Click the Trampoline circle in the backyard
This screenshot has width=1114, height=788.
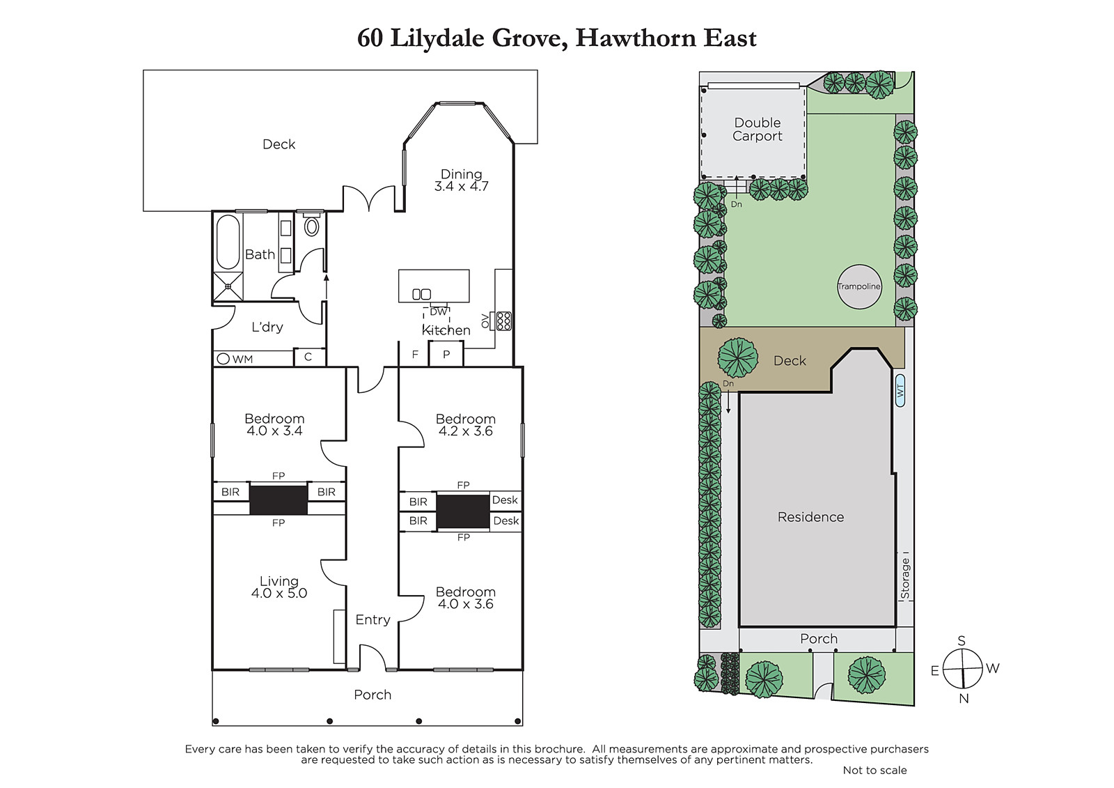(x=859, y=286)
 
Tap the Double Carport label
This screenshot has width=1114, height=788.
(x=757, y=130)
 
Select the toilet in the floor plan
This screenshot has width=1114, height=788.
(x=312, y=226)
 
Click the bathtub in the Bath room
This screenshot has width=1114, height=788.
(x=228, y=242)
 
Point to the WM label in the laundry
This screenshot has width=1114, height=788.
(x=243, y=359)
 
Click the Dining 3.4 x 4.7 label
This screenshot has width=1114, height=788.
(x=462, y=180)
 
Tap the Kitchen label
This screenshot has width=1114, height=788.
(x=446, y=330)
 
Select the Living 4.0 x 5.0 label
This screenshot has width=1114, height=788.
(x=279, y=587)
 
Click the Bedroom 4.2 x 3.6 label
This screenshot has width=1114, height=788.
(x=466, y=424)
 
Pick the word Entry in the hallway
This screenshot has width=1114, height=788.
(x=373, y=620)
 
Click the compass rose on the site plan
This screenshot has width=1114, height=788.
(x=963, y=669)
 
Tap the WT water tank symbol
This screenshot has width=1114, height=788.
(x=900, y=392)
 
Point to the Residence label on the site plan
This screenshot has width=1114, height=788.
(x=810, y=517)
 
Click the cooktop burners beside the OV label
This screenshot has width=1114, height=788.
(x=504, y=321)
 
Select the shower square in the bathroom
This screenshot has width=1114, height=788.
(x=228, y=286)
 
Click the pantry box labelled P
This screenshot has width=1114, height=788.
(x=446, y=354)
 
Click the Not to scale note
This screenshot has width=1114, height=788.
(x=874, y=770)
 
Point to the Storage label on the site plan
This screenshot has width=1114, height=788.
(x=905, y=578)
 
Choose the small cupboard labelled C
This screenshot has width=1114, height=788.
(x=308, y=357)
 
